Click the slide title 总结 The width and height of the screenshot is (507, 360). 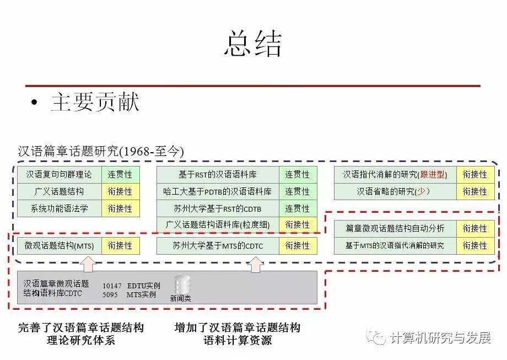(253, 44)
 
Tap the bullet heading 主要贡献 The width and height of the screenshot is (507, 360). (95, 102)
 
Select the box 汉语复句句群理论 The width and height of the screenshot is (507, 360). (59, 175)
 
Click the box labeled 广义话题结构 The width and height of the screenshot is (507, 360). (59, 192)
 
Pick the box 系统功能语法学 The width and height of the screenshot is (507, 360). (59, 208)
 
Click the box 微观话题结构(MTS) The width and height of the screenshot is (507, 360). (59, 246)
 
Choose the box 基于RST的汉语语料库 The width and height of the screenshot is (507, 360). (218, 175)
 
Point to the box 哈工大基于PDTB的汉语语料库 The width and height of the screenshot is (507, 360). (218, 192)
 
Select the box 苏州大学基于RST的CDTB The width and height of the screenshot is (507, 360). (218, 208)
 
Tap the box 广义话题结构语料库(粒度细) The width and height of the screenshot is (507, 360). (218, 225)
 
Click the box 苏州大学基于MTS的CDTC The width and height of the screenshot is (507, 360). (218, 246)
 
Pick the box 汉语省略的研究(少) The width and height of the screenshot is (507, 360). (395, 192)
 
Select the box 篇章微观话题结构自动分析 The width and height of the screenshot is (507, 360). (395, 228)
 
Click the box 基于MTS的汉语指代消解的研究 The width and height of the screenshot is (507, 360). (395, 245)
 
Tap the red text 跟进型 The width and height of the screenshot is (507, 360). (432, 175)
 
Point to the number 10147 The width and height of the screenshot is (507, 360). (112, 286)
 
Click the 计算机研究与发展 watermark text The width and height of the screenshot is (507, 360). (439, 337)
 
